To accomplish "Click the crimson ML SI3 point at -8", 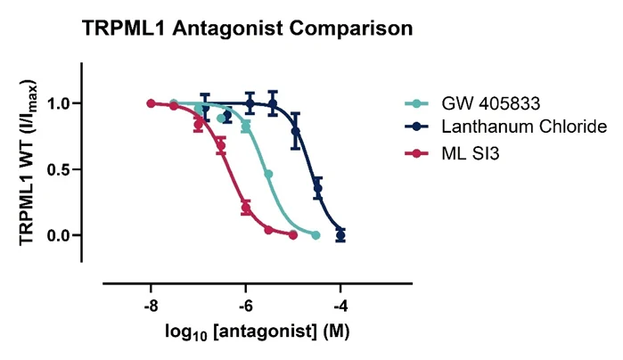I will tap(151, 103).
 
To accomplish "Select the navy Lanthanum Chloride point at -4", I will tap(340, 235).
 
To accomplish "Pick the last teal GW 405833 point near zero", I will tap(316, 235).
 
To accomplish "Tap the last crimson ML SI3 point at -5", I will tap(293, 235).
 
